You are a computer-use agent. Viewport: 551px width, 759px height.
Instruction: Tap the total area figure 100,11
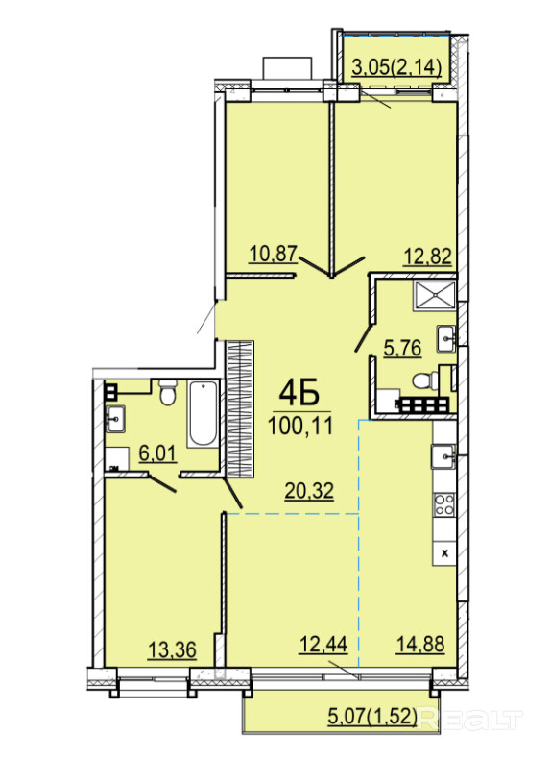(x=300, y=426)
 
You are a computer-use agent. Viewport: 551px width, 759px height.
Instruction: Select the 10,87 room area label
(x=273, y=254)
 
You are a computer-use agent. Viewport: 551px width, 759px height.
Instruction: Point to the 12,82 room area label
(x=427, y=257)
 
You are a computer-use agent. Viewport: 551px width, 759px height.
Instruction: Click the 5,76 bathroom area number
(x=402, y=348)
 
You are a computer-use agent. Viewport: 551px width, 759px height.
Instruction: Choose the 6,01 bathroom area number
(x=157, y=453)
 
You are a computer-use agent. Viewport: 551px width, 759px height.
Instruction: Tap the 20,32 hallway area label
(x=309, y=491)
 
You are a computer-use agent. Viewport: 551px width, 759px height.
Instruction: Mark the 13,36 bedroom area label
(x=172, y=649)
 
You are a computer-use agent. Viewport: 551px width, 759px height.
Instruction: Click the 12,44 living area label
(x=323, y=645)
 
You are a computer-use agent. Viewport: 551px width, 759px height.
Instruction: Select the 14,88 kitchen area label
(x=420, y=645)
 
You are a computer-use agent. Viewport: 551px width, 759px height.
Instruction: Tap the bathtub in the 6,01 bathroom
(x=204, y=415)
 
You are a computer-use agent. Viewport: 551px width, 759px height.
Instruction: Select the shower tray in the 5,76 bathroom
(x=434, y=295)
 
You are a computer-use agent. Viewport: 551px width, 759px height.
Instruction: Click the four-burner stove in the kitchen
(x=444, y=504)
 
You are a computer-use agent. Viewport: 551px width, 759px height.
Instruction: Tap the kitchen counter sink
(x=444, y=456)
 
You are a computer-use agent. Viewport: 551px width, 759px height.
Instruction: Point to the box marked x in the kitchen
(x=444, y=553)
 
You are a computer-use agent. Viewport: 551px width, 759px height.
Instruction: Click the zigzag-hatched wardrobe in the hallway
(x=240, y=408)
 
